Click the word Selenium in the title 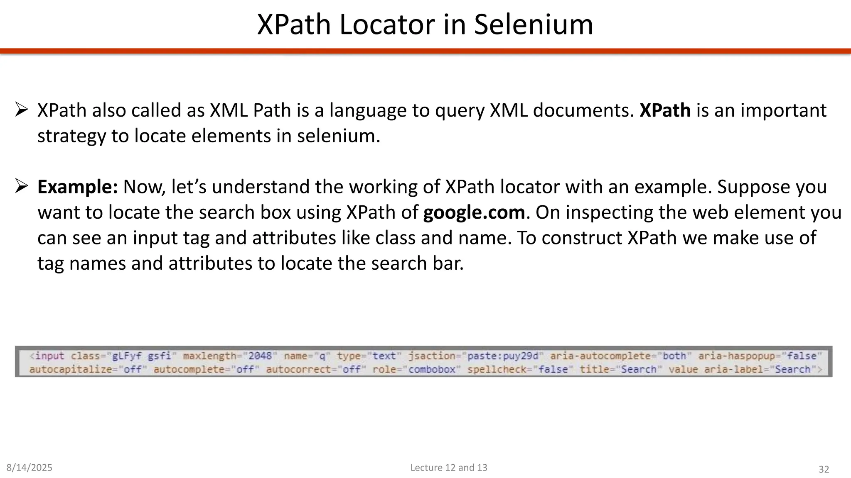534,25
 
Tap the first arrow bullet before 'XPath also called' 21,110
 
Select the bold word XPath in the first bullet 665,110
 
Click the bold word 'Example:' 78,187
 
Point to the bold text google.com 474,212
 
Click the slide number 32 824,469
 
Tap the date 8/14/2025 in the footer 30,468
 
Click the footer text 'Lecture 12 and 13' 449,468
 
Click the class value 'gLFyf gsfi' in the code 142,356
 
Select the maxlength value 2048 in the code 260,356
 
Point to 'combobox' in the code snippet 432,369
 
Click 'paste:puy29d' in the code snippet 503,356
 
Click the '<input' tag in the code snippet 47,356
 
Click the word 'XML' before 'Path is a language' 228,110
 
